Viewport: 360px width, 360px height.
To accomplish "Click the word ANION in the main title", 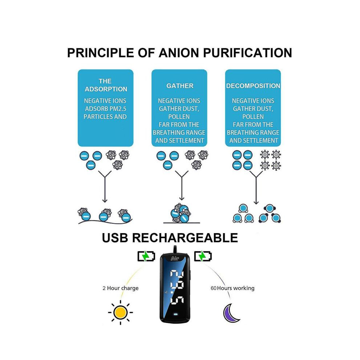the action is (179, 53).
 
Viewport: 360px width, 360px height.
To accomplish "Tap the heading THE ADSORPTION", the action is (106, 85).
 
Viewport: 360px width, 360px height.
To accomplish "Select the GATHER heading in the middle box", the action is (180, 86).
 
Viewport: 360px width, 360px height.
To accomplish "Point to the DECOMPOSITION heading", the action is (253, 86).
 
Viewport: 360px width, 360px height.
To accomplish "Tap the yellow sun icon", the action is (120, 312).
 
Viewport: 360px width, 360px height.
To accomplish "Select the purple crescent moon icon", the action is (231, 313).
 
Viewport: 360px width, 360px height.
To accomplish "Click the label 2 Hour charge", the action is (120, 288).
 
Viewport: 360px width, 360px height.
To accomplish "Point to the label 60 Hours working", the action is (232, 288).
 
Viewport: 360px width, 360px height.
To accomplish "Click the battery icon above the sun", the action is (146, 256).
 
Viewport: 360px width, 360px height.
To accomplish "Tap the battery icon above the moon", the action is (203, 256).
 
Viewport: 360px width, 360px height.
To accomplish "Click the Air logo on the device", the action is (175, 259).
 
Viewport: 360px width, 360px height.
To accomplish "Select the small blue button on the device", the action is (175, 314).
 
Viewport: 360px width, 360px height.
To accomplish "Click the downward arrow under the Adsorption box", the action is (105, 187).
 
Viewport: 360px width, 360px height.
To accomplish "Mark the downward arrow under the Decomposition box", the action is (256, 188).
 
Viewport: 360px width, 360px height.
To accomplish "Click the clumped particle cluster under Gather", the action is (181, 213).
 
